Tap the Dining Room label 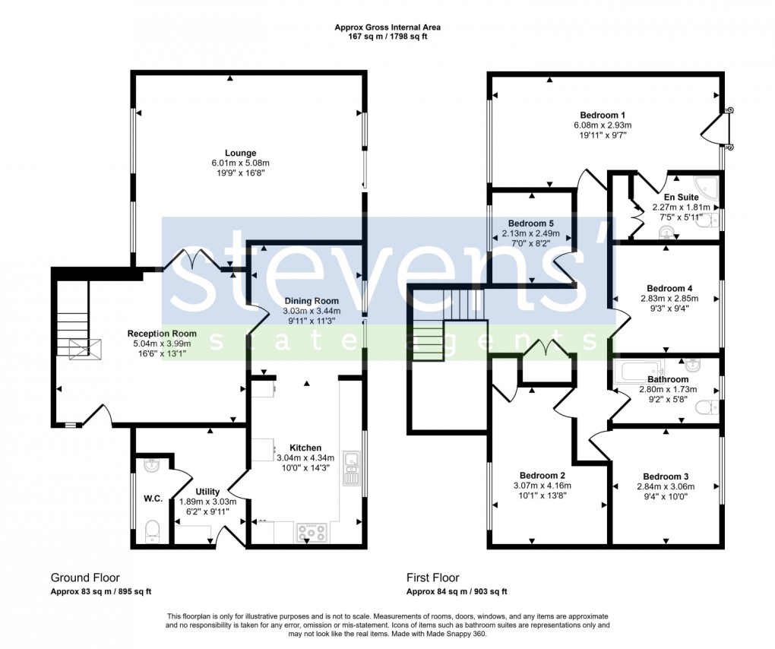coord(312,301)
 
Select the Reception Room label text coord(162,334)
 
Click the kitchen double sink coord(351,468)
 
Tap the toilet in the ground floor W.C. coord(153,530)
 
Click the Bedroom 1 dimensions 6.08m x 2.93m coord(603,125)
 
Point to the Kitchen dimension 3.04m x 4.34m coord(305,458)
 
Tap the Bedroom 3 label coord(666,476)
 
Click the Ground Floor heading coord(85,578)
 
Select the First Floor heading coord(432,578)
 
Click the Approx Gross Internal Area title coord(387,27)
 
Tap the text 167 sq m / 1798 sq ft coord(387,36)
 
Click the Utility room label coord(207,492)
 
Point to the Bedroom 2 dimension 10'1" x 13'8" coord(542,495)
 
